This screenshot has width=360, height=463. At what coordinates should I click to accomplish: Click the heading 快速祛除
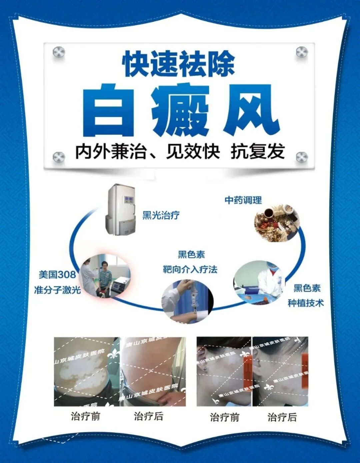point(179,63)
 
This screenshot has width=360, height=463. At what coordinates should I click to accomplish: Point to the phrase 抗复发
point(258,152)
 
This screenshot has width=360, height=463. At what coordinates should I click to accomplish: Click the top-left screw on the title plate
point(59,52)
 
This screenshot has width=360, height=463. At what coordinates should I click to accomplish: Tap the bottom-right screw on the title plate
point(302,157)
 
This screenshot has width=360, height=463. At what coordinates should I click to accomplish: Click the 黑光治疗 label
point(161,215)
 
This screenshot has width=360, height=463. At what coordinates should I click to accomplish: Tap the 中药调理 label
point(243,200)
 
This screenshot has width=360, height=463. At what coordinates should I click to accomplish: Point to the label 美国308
point(57,275)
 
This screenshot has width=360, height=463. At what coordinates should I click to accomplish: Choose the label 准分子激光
point(57,290)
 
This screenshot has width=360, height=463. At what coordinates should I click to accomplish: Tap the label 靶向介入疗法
point(190,269)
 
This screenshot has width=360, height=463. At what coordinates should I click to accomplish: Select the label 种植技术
point(305,303)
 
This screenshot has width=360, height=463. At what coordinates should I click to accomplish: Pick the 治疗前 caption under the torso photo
point(85,416)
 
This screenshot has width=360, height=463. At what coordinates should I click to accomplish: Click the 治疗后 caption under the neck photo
point(282,417)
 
